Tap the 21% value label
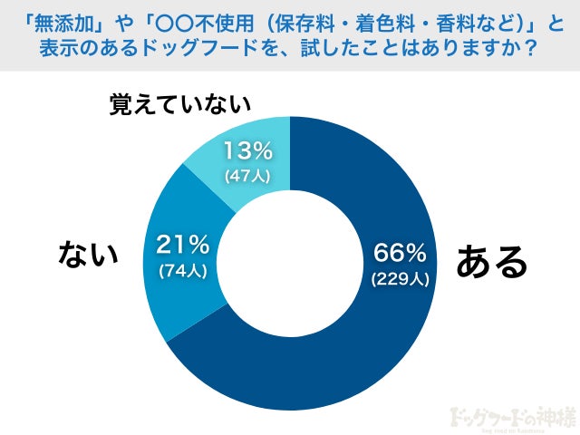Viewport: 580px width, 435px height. pyautogui.click(x=184, y=244)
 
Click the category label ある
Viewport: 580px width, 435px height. pyautogui.click(x=491, y=262)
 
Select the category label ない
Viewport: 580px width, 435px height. pyautogui.click(x=89, y=254)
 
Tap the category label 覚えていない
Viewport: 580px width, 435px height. pyautogui.click(x=179, y=104)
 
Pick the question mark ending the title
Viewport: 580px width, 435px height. pyautogui.click(x=532, y=47)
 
